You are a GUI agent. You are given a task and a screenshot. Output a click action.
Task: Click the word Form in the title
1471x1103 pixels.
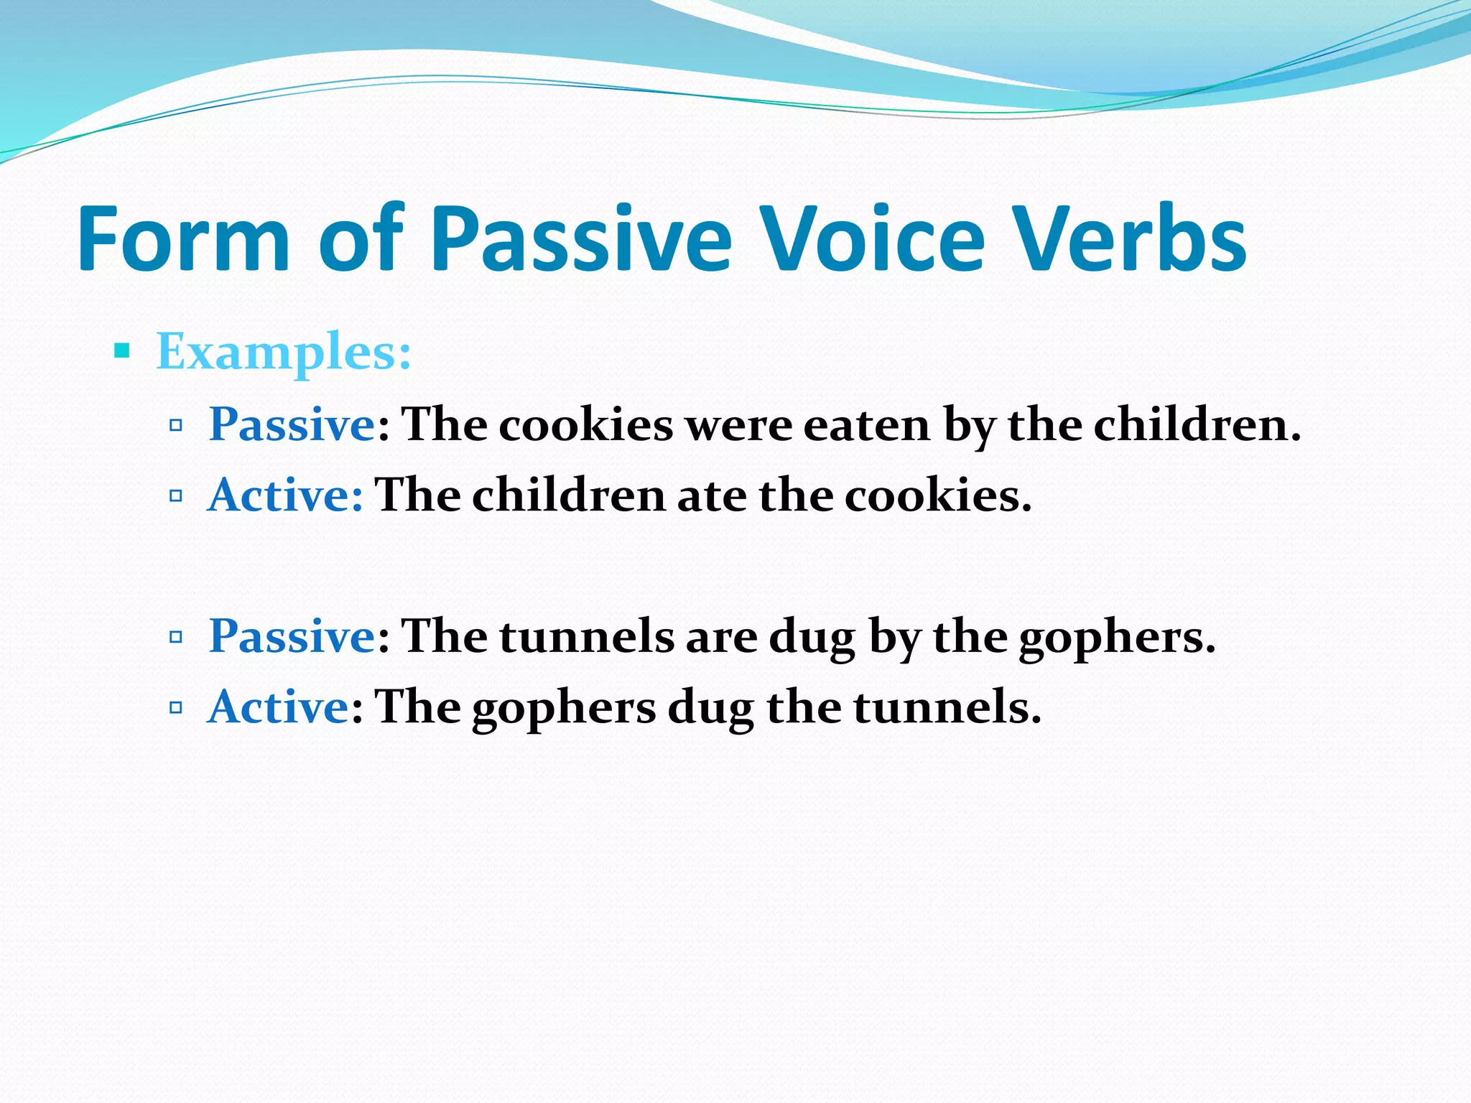(x=183, y=239)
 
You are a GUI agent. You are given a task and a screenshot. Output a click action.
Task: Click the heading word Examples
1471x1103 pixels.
(x=284, y=353)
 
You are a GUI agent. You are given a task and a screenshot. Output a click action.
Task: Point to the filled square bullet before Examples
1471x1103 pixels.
(x=122, y=351)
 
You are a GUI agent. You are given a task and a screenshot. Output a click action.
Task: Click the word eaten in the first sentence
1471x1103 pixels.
(x=866, y=425)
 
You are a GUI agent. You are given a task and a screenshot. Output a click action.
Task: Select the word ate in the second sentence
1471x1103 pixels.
(x=711, y=496)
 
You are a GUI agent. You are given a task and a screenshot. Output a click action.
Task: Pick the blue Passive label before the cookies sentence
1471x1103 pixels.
(x=292, y=425)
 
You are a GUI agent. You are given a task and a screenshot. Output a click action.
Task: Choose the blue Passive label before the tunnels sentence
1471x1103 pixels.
(x=292, y=637)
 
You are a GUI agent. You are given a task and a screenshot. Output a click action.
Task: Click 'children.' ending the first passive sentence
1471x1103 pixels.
(x=1197, y=425)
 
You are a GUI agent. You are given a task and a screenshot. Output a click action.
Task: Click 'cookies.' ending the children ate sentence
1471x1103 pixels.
(x=937, y=496)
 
